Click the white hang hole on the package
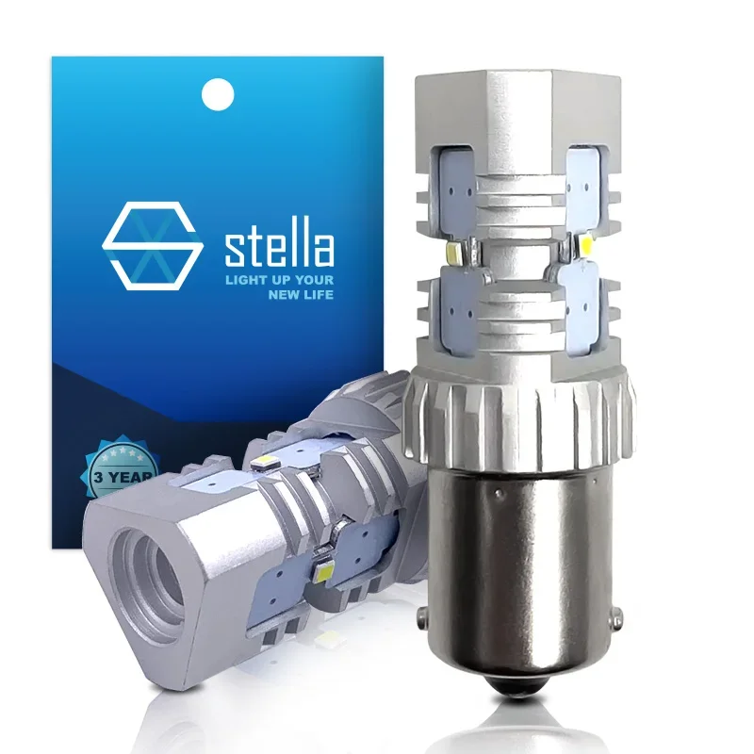(x=219, y=91)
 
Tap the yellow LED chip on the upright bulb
(x=585, y=247)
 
